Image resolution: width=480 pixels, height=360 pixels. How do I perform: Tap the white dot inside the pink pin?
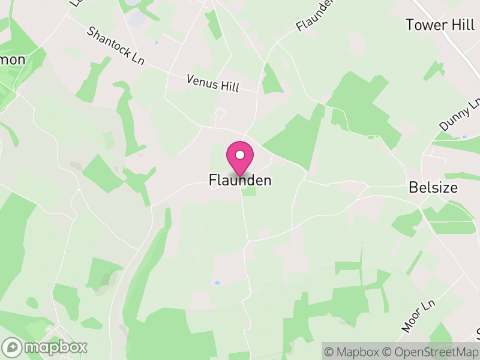coord(240,155)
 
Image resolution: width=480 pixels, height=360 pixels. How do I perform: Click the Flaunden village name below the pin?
coord(240,180)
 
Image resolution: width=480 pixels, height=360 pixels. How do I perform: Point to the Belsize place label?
coord(433,187)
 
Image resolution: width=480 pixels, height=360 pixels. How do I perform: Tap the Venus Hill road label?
coord(212,83)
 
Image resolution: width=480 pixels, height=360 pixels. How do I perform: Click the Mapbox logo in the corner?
coord(45,347)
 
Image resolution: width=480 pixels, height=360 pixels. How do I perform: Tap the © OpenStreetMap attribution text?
coord(430,352)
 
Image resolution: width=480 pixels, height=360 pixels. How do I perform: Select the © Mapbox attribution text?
coord(352,352)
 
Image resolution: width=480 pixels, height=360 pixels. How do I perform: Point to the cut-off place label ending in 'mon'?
coord(13,59)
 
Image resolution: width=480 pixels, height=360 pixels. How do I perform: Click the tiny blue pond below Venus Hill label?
coord(282,92)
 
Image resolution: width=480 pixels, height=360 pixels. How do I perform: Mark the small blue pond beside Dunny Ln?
coord(464,137)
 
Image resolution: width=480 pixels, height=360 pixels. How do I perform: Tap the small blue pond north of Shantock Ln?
coord(157,43)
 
